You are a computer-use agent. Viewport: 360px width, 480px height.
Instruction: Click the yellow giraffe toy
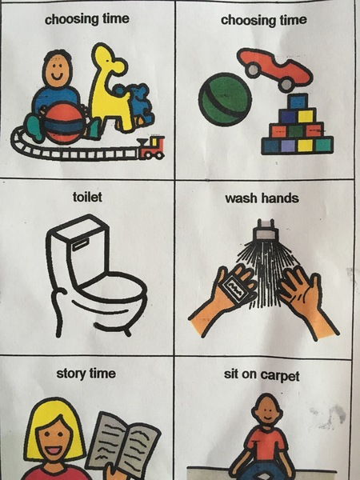pyautogui.click(x=111, y=88)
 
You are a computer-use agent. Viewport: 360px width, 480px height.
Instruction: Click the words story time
pyautogui.click(x=86, y=374)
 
